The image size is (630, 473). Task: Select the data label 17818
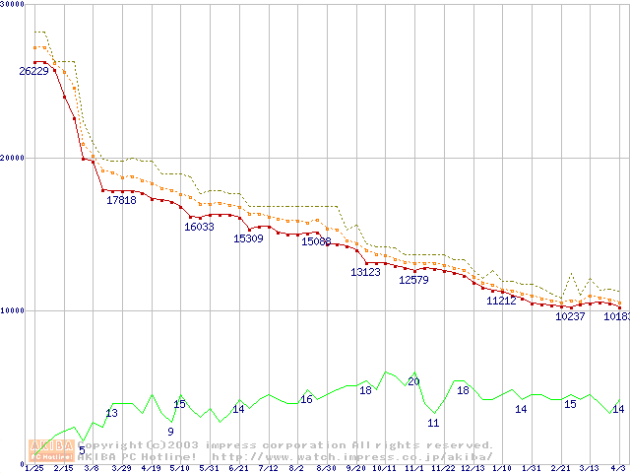tap(121, 200)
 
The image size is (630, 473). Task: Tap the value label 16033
tap(199, 227)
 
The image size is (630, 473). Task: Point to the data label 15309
tap(248, 238)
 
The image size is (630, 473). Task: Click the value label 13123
tap(365, 272)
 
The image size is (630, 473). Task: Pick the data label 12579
tap(413, 280)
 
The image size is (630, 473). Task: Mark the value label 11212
tap(501, 301)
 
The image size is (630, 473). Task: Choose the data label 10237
tap(571, 316)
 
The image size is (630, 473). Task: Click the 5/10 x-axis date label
tap(180, 468)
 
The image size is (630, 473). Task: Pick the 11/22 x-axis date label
tap(443, 468)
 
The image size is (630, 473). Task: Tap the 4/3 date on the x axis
tap(618, 468)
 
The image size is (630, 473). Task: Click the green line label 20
tap(413, 381)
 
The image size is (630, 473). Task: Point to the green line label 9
tap(170, 432)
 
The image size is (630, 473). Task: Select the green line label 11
tap(433, 423)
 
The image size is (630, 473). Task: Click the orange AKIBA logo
tap(51, 449)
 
